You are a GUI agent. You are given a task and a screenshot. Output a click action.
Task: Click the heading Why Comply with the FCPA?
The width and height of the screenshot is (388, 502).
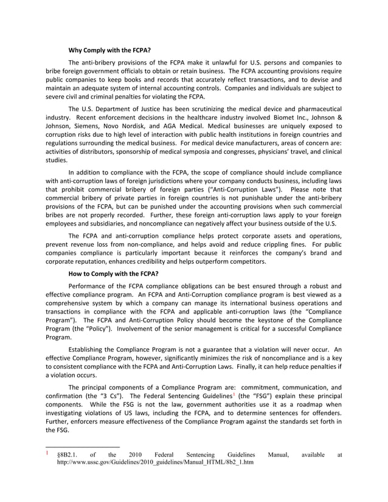click(109, 50)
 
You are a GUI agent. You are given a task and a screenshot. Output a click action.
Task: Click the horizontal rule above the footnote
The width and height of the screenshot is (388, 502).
click(83, 449)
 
